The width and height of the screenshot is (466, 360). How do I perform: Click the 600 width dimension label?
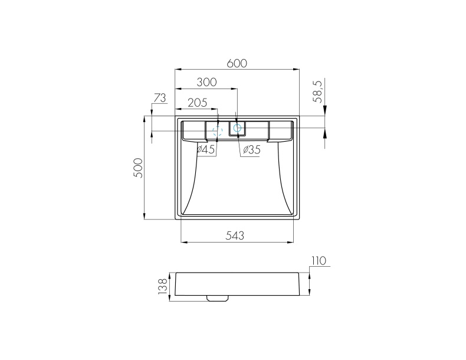237,63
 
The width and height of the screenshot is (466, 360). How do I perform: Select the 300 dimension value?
207,82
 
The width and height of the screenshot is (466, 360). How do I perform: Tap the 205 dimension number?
198,103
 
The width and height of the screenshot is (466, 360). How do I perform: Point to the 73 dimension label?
160,98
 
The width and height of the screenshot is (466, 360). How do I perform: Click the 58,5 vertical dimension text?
319,92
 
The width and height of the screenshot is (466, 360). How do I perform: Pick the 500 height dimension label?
138,168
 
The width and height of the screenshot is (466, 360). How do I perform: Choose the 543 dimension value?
235,235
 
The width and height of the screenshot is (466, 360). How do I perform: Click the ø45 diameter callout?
206,149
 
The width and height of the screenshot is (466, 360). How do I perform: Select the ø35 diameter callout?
252,150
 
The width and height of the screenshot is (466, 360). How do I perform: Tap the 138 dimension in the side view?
163,287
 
